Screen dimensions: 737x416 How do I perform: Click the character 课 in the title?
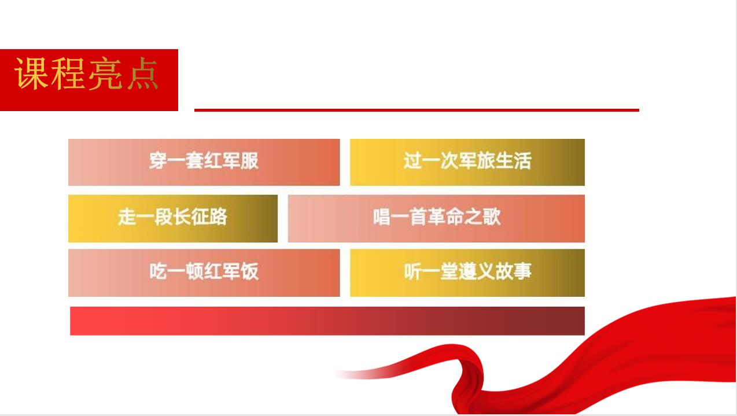point(31,73)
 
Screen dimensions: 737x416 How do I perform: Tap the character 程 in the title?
point(68,73)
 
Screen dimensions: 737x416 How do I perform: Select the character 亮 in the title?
point(105,73)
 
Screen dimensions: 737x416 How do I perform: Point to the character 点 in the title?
point(142,73)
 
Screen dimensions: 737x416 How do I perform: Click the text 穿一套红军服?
point(204,161)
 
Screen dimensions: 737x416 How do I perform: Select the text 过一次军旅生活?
point(467,161)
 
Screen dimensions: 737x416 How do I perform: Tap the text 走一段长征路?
point(173,217)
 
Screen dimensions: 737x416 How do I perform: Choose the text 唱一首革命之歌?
point(437,217)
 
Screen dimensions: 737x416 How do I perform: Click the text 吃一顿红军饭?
point(204,271)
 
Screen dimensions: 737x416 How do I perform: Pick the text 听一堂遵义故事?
point(467,271)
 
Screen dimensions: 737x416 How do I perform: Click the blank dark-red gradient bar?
point(327,321)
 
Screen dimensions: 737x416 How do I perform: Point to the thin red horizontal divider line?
point(417,111)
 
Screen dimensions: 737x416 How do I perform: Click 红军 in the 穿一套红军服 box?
point(222,161)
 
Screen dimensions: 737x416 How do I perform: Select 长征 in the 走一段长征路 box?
point(191,217)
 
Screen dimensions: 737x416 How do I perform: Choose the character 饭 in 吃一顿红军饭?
point(250,271)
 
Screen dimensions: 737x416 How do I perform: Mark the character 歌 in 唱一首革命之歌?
point(492,217)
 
